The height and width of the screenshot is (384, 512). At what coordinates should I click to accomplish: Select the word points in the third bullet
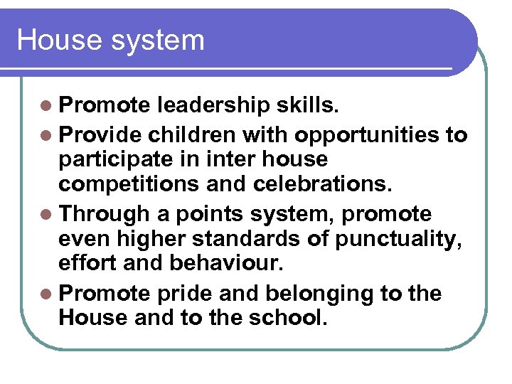point(204,214)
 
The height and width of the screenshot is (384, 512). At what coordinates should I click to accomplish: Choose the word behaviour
point(226,265)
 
